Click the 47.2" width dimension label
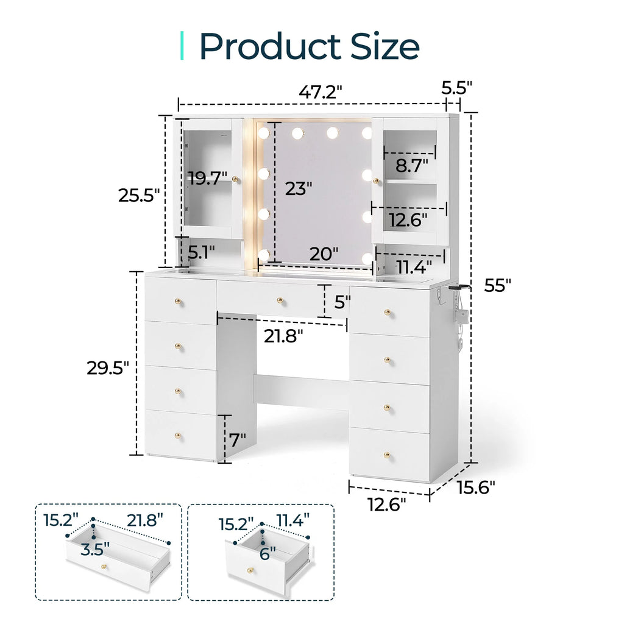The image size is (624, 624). coord(321,93)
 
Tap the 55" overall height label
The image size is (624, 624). coord(497,285)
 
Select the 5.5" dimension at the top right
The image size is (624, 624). coord(456,88)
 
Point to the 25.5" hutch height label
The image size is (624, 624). coord(139,196)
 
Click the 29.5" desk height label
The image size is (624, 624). coord(108,368)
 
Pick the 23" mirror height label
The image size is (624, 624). coord(299,189)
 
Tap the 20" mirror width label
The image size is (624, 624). coord(324,254)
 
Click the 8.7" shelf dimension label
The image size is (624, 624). coord(411,166)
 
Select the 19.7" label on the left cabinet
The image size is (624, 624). coord(208,178)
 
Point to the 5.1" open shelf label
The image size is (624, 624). coord(201,252)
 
